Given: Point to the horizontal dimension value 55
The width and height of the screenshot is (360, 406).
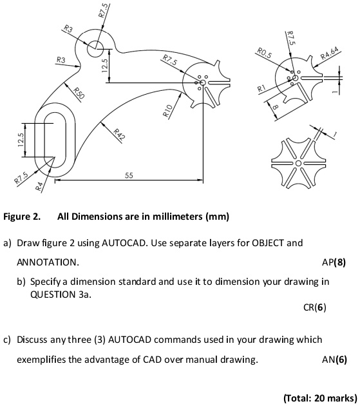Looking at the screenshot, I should pos(129,175).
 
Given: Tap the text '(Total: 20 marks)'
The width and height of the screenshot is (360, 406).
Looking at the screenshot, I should pos(318,398).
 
